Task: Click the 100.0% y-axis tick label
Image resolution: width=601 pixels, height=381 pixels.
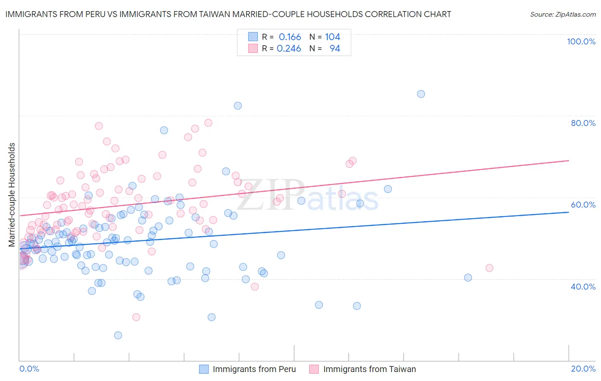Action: [x=581, y=41]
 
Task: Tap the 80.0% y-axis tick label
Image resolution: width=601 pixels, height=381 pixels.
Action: [x=583, y=123]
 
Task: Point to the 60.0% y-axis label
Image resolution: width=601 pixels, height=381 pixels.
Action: [x=583, y=205]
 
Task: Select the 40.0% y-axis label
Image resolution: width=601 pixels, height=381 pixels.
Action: [x=583, y=287]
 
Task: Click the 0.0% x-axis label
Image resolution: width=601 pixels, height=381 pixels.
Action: [x=29, y=369]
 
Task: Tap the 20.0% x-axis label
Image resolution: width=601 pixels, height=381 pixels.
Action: [x=583, y=369]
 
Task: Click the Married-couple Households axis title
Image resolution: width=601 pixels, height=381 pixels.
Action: [x=12, y=195]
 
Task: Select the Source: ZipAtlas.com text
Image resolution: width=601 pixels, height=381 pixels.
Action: [x=563, y=15]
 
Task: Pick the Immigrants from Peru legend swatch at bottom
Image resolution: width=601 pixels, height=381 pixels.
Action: [x=204, y=369]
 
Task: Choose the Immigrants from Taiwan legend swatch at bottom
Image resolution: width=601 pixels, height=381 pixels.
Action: [x=314, y=369]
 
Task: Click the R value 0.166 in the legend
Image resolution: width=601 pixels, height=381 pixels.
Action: [x=290, y=37]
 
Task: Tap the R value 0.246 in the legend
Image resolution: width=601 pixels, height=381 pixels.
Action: [x=289, y=49]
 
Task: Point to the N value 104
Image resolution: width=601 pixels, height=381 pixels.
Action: [x=333, y=37]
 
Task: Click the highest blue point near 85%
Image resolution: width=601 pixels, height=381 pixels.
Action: [x=421, y=94]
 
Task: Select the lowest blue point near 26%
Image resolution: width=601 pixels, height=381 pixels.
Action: [x=118, y=335]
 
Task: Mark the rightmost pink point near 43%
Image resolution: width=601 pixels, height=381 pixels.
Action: [x=489, y=268]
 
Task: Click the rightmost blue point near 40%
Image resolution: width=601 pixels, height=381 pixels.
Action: [x=468, y=278]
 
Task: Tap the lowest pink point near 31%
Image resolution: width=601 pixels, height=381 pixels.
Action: [x=136, y=317]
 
